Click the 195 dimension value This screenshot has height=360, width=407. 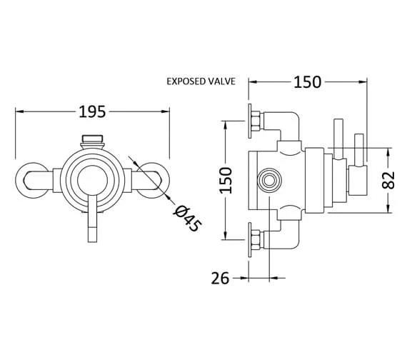(x=91, y=111)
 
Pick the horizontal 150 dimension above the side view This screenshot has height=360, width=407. (x=306, y=81)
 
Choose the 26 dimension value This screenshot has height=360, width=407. (x=221, y=279)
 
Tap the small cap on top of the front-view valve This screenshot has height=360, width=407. (x=91, y=141)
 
